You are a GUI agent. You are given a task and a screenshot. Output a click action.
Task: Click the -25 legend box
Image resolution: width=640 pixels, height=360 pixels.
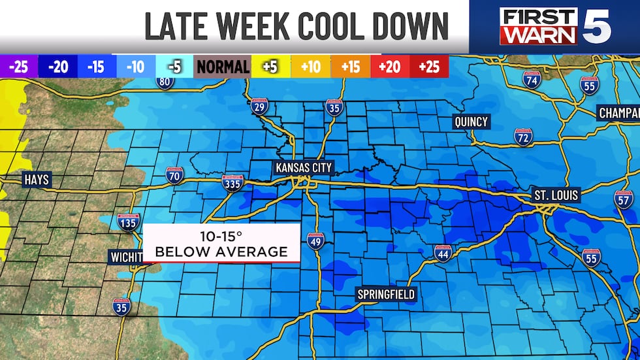(x=19, y=67)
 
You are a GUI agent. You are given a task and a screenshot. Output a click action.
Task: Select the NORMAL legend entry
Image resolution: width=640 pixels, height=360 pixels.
(x=223, y=67)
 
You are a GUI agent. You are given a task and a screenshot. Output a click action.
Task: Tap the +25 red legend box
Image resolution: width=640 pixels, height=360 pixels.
(x=429, y=67)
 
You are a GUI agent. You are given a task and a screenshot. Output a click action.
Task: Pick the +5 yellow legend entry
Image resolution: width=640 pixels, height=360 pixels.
(x=270, y=67)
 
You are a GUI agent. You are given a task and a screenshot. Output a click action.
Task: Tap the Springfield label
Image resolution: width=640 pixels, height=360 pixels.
(x=385, y=295)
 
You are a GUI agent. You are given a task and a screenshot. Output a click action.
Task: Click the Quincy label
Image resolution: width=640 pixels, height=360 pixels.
(x=472, y=122)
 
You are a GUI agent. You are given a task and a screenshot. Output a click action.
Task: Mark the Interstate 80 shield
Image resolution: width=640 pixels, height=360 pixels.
(x=165, y=81)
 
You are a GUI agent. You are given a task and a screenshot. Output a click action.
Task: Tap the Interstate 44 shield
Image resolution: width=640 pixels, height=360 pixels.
(x=443, y=254)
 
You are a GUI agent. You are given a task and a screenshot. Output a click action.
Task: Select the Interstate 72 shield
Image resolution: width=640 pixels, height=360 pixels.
(x=522, y=137)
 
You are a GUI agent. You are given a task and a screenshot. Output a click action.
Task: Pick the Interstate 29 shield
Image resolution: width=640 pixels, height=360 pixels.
(x=259, y=107)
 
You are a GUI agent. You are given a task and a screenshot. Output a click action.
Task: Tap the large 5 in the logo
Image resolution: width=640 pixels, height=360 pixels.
(x=597, y=26)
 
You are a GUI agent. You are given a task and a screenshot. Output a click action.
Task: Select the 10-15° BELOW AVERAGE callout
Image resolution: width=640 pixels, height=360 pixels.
(x=222, y=243)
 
